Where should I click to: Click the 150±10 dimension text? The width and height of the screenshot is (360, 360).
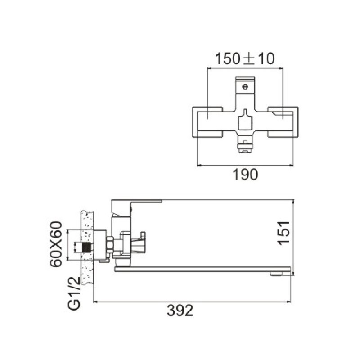pyautogui.click(x=244, y=59)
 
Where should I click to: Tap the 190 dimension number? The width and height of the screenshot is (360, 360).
pyautogui.click(x=245, y=175)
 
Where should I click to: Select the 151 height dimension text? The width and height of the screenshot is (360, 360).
pyautogui.click(x=284, y=233)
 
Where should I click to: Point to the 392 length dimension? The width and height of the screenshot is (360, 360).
pyautogui.click(x=180, y=310)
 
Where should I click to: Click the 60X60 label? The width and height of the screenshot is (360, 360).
pyautogui.click(x=56, y=244)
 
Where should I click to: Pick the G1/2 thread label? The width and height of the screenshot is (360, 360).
pyautogui.click(x=74, y=293)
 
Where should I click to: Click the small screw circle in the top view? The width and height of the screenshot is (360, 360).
pyautogui.click(x=245, y=87)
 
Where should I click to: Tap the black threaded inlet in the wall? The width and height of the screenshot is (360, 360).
pyautogui.click(x=86, y=247)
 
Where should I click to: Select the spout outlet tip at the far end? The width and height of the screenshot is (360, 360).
pyautogui.click(x=277, y=274)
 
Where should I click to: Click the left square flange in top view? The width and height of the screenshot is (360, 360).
pyautogui.click(x=207, y=122)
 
